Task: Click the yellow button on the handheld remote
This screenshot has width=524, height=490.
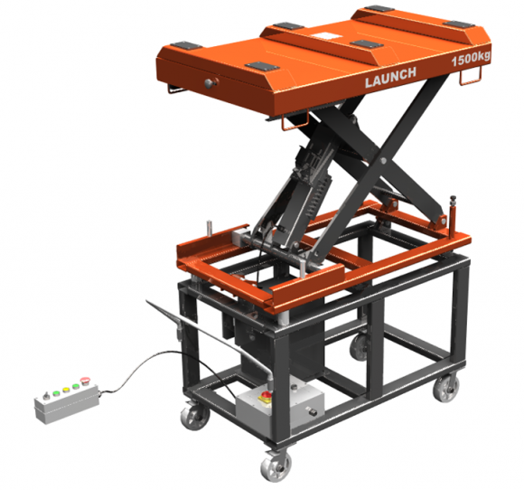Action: click(x=59, y=394)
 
